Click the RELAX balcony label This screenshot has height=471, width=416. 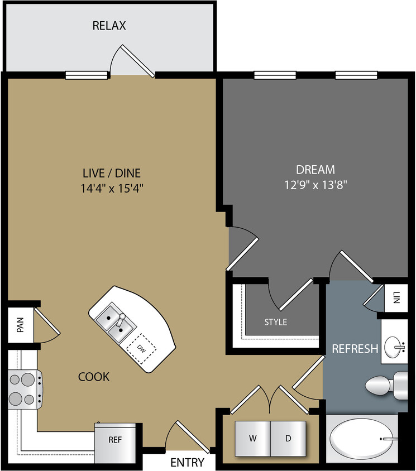point(109,26)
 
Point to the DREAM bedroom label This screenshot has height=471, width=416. point(315,169)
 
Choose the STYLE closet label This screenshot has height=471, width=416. point(275,322)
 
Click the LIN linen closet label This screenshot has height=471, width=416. point(397,299)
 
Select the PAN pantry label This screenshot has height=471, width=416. point(21,325)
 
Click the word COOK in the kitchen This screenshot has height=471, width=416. point(94,377)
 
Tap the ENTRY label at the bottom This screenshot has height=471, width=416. point(187,463)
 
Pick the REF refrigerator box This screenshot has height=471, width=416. point(114,439)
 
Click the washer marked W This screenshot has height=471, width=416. point(252,439)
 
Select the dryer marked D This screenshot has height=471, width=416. point(288,439)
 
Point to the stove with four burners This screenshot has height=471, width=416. point(22,389)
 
